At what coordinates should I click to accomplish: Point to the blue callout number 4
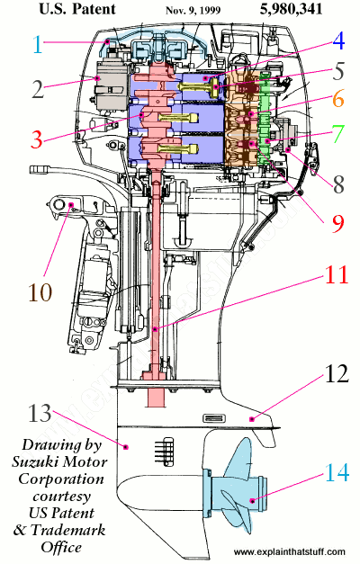click(337, 40)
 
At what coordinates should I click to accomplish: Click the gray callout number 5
click(336, 70)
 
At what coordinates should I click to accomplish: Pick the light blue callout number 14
click(336, 470)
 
